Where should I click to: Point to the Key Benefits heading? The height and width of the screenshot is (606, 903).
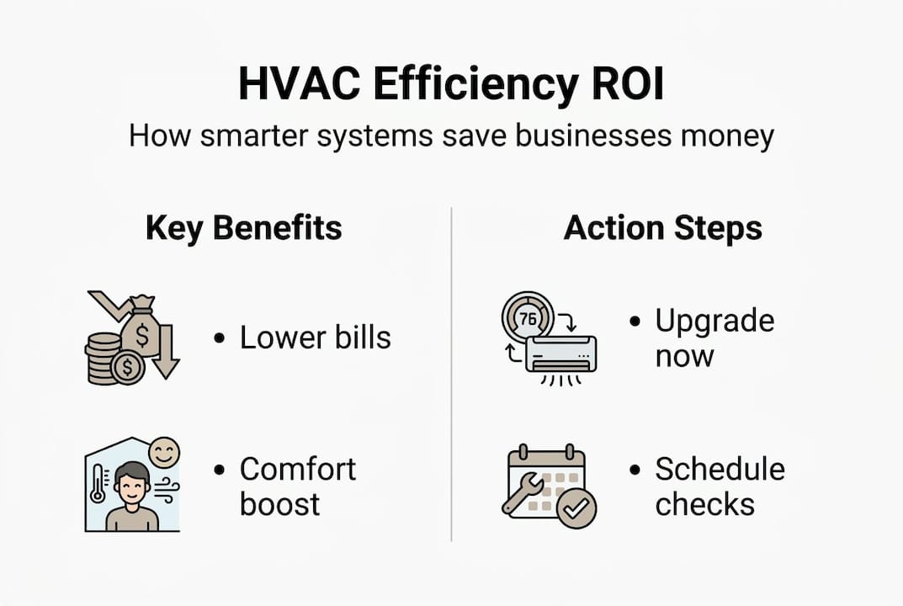(x=244, y=228)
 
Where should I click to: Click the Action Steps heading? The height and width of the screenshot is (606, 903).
(x=663, y=228)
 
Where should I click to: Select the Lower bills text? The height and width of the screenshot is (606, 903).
(x=315, y=338)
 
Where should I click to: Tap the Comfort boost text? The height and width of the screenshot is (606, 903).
(x=297, y=486)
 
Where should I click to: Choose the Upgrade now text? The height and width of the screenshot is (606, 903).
(x=714, y=338)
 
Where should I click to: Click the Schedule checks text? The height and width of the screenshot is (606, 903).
(x=720, y=486)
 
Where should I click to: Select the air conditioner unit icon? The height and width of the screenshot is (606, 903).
(x=560, y=355)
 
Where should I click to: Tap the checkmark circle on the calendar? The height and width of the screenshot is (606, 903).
(x=577, y=508)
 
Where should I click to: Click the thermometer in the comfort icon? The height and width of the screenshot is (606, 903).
(x=98, y=485)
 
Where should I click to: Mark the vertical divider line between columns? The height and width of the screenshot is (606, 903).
(x=452, y=375)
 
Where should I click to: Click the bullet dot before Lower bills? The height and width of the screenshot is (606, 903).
(x=220, y=338)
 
